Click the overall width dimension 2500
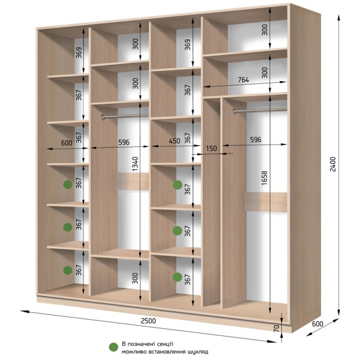point(148,321)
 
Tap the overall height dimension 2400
point(332,164)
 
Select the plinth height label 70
point(277,329)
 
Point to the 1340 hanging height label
point(135,164)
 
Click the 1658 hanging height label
point(265,178)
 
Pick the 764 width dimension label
point(243,80)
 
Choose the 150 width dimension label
point(211,148)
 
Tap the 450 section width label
point(175,141)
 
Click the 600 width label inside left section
point(67,143)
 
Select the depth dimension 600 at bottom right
point(317,324)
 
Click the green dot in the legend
point(113,347)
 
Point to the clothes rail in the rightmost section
point(260,110)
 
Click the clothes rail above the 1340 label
point(125,116)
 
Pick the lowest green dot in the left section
point(68,271)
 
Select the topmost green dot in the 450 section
point(178,185)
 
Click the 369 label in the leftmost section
point(79,53)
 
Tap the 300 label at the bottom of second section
point(135,278)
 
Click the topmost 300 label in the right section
point(265,29)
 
